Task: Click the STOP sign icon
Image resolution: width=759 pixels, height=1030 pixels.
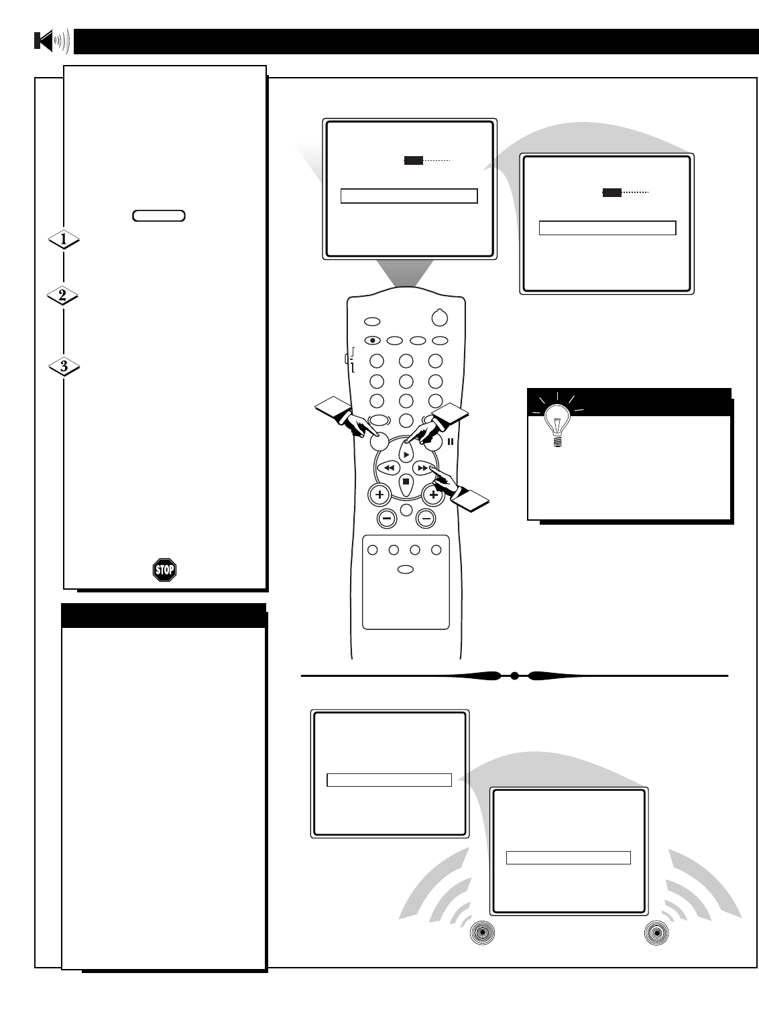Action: [164, 570]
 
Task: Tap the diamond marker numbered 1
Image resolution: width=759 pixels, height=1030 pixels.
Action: [64, 239]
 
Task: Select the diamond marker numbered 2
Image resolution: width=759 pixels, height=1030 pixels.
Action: [64, 296]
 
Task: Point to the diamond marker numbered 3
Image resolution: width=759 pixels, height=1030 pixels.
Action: [64, 367]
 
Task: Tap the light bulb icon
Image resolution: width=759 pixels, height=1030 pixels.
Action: [557, 426]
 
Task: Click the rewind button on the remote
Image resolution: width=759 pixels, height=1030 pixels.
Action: [389, 467]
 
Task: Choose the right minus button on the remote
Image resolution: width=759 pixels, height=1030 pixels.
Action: [426, 517]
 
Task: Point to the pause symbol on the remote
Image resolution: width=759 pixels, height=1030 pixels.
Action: [451, 442]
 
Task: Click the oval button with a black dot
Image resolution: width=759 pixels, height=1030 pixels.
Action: [373, 340]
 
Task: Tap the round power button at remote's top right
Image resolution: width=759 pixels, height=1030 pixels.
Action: [440, 318]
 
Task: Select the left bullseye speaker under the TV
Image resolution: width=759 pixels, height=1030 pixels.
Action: [482, 934]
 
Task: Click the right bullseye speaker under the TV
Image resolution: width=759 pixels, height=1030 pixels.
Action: [656, 934]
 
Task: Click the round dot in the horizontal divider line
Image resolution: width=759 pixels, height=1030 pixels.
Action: [514, 676]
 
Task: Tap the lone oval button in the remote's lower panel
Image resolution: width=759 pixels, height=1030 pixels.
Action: [406, 570]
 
